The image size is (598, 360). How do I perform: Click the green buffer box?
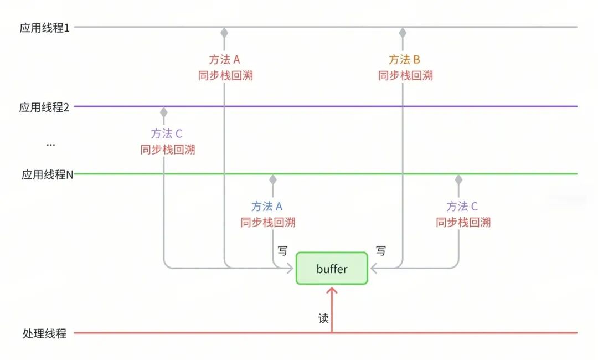point(332,268)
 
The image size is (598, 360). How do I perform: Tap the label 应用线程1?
point(45,28)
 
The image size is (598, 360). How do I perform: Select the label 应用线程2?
point(44,107)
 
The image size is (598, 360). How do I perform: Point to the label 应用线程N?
point(47,174)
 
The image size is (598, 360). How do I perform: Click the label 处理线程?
point(44,333)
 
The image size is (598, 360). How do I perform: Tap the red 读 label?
point(323,318)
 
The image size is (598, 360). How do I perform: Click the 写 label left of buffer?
point(282,250)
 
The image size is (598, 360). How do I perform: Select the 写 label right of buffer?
point(380,250)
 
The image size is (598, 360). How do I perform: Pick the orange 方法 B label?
point(404,59)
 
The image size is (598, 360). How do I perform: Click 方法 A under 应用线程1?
point(224,59)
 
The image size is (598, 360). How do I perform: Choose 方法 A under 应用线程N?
point(267,207)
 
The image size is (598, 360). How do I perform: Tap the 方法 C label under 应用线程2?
point(167,133)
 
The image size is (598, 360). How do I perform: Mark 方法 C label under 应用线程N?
point(462,207)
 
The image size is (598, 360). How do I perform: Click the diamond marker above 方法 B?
point(403,33)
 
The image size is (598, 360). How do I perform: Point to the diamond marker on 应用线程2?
point(163,112)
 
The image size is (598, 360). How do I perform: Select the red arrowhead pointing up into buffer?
point(332,291)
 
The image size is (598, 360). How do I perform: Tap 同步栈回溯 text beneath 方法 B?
point(405,75)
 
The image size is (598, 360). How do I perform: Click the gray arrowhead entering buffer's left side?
point(290,268)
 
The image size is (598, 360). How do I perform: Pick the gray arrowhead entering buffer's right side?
point(374,268)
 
